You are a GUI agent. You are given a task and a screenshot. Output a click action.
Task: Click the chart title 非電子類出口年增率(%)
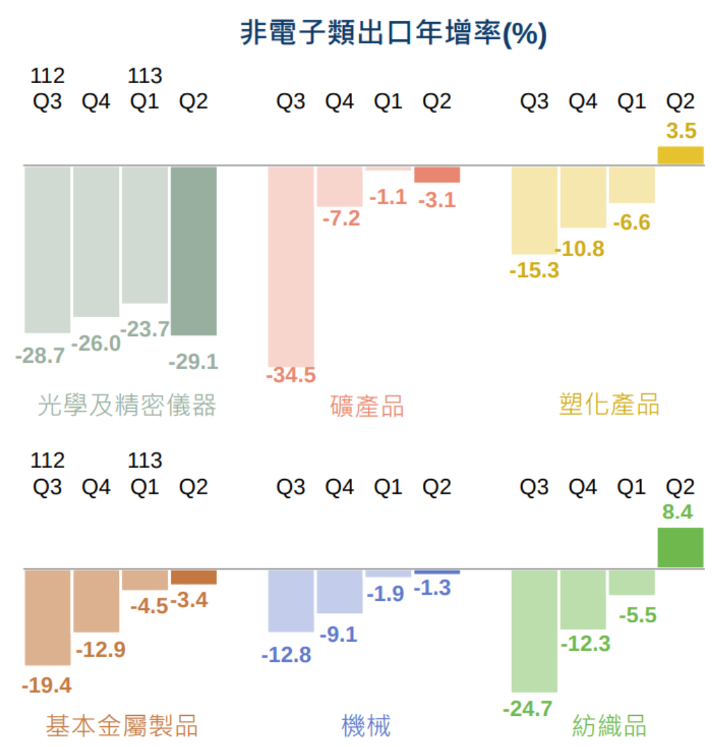click(393, 33)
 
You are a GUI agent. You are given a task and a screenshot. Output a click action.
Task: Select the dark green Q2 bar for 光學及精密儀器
click(194, 250)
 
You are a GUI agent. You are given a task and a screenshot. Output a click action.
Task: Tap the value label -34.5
click(291, 375)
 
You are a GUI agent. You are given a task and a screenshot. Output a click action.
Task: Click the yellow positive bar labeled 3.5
click(680, 155)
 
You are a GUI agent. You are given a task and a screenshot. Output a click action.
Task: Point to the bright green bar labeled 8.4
click(680, 547)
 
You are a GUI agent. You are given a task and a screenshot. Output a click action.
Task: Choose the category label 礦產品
click(367, 406)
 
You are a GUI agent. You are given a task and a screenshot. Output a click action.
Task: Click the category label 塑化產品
click(609, 404)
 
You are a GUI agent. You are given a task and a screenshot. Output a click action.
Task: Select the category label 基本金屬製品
click(122, 726)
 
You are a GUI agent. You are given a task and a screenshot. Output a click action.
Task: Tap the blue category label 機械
click(366, 726)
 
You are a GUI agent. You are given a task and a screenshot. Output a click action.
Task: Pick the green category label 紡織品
click(609, 726)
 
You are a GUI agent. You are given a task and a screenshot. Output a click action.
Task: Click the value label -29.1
click(194, 361)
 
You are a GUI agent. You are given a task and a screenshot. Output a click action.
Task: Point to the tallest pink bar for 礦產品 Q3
click(291, 267)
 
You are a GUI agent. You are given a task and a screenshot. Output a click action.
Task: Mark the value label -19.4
click(47, 685)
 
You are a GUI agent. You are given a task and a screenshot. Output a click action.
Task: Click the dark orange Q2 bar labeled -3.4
click(194, 577)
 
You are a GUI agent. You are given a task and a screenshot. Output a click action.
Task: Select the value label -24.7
click(528, 709)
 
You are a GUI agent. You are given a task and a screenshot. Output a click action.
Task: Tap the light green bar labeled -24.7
click(534, 631)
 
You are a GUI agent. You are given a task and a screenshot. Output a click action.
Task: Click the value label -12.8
click(287, 655)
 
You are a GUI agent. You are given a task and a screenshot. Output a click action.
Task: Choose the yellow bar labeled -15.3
click(534, 210)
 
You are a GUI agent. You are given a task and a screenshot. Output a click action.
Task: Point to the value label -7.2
click(341, 218)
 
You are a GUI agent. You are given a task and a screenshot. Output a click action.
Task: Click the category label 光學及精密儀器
click(127, 406)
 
